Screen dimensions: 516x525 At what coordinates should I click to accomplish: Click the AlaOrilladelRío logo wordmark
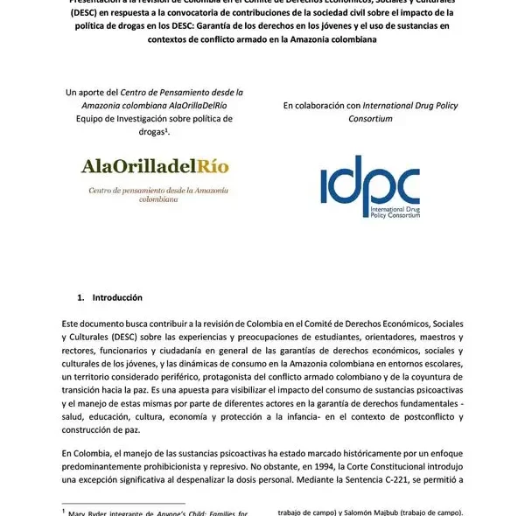[x=146, y=165]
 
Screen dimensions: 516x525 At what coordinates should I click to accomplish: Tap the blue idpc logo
[x=370, y=185]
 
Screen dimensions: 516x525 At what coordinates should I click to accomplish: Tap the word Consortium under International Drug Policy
[x=370, y=118]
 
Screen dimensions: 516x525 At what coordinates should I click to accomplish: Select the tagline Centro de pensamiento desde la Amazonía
[x=146, y=190]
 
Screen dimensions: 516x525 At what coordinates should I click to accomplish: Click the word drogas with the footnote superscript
[x=143, y=131]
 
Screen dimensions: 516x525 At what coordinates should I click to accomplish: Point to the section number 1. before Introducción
[x=80, y=297]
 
